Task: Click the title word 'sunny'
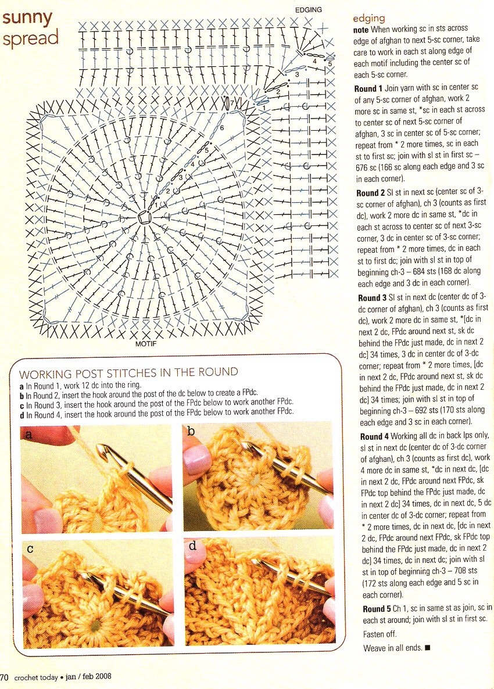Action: (27, 18)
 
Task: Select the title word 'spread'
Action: (30, 38)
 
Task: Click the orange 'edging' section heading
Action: (369, 19)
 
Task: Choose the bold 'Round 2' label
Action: (371, 192)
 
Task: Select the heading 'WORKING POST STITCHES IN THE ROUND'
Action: (128, 372)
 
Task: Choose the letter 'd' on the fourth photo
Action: (192, 547)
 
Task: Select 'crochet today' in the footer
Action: (35, 677)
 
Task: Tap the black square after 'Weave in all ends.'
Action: (428, 647)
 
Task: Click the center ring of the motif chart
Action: (144, 217)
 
